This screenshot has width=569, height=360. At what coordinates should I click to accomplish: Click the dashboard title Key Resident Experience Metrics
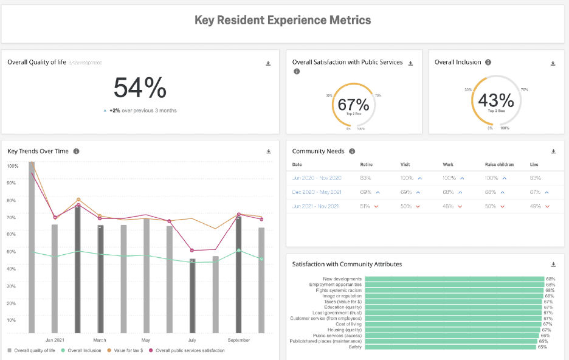click(283, 20)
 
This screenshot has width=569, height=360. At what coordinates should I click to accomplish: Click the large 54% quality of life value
click(140, 88)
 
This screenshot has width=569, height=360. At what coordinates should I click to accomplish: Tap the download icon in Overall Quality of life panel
click(268, 63)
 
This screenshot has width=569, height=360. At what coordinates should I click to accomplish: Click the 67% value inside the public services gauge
click(353, 104)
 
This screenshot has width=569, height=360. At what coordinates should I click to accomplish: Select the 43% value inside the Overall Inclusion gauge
click(495, 100)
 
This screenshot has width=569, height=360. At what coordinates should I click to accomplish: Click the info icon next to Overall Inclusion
click(488, 62)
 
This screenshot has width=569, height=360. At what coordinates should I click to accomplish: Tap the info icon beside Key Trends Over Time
click(76, 151)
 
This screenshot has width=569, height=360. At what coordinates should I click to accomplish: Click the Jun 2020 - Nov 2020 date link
click(317, 178)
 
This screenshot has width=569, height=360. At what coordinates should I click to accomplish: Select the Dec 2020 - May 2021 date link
click(317, 192)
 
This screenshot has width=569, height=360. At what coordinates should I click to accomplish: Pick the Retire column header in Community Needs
click(367, 165)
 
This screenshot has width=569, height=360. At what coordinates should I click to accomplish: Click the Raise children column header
click(499, 165)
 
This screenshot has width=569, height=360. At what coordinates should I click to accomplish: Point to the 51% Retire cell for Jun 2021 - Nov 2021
click(365, 206)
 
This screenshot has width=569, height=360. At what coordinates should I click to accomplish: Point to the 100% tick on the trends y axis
click(12, 165)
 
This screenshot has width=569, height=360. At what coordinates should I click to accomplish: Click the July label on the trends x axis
click(192, 340)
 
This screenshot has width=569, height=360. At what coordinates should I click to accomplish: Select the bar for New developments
click(453, 279)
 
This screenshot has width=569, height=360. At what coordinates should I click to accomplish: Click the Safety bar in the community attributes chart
click(450, 347)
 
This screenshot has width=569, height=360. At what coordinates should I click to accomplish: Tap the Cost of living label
click(348, 324)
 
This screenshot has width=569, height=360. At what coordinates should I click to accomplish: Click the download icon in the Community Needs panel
click(553, 151)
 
